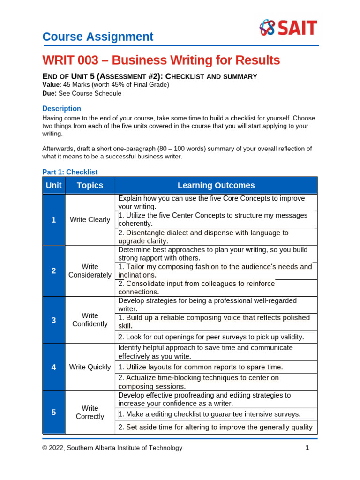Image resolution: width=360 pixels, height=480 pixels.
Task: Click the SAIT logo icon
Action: point(267,28)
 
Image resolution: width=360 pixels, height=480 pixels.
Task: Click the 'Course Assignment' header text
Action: point(97,37)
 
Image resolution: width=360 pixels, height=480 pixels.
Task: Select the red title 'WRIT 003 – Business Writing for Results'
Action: point(161,60)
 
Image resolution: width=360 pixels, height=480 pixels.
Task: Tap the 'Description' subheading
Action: point(61,108)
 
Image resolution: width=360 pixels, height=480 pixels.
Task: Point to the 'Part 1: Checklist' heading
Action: point(70,172)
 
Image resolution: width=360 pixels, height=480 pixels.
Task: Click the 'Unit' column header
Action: point(53,185)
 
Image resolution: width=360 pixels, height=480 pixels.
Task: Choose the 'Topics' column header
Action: point(90,185)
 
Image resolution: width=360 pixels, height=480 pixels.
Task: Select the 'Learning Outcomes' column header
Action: point(216,185)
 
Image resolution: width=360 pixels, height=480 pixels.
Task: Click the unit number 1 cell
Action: point(53,219)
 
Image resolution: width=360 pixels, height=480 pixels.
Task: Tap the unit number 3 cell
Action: point(53,320)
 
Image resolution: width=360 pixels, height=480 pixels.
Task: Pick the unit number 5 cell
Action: point(53,412)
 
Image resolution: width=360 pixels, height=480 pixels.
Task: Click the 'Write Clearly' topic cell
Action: point(90,219)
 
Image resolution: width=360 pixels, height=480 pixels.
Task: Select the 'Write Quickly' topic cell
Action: point(90,367)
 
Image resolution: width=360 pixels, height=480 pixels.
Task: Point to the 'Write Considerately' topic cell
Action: point(90,270)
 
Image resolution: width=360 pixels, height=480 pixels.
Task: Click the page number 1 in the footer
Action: point(307,448)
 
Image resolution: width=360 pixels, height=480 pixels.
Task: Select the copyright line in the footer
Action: point(112,448)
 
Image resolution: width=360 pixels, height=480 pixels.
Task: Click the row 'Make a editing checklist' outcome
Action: point(209,414)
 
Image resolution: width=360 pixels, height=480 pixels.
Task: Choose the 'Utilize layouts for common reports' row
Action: point(201,367)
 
